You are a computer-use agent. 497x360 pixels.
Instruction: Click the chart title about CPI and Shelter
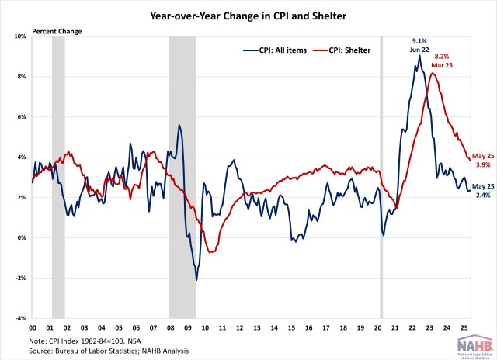248,14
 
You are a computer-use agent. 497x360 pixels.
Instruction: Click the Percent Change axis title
56,31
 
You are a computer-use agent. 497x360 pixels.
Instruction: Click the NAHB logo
469,345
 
